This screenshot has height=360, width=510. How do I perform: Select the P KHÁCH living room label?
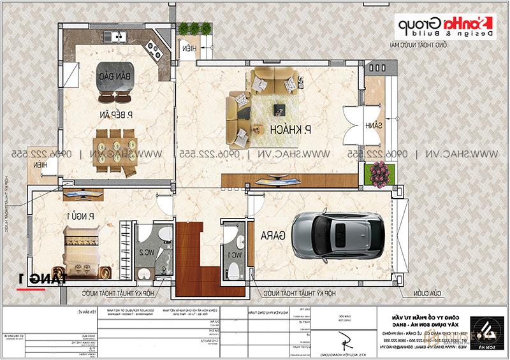[289, 129]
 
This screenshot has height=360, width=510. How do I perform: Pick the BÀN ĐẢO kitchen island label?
[110, 76]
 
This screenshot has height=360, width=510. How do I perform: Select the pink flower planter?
[379, 171]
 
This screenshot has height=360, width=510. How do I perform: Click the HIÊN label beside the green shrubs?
[189, 49]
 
